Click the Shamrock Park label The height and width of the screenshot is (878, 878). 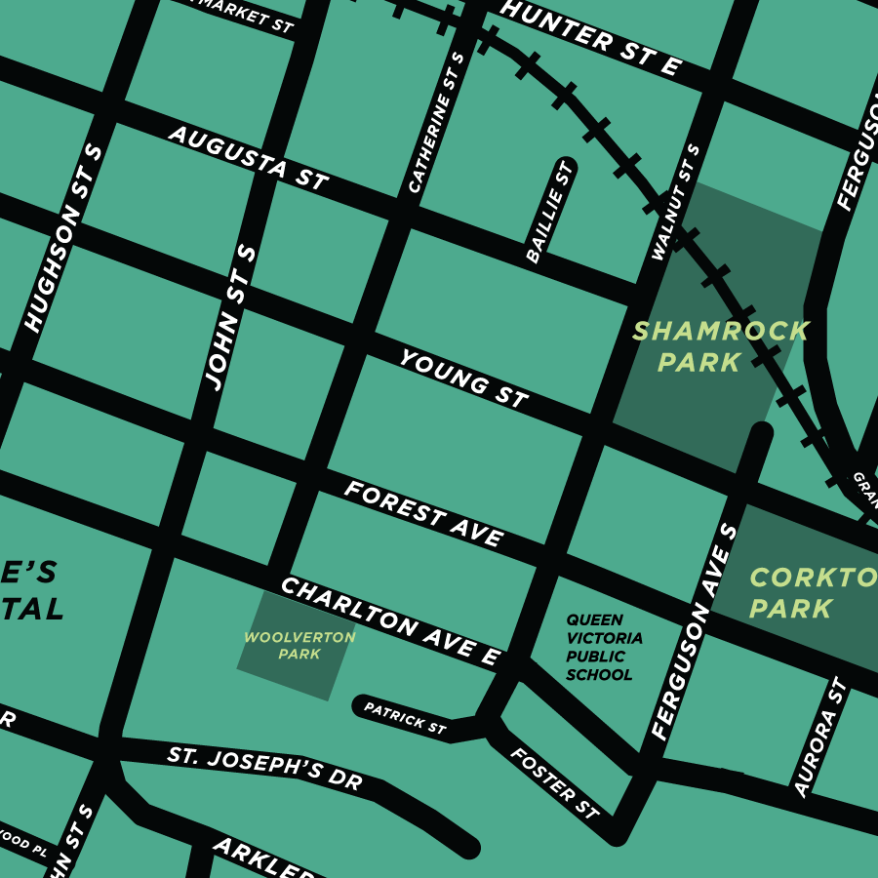tap(720, 346)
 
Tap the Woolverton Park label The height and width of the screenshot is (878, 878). tap(299, 646)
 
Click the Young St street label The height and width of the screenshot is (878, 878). tap(463, 379)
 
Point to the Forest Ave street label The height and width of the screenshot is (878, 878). tap(423, 513)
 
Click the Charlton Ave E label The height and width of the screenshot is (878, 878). tap(390, 621)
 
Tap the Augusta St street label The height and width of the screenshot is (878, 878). tap(248, 156)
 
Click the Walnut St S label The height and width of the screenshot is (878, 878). tap(676, 203)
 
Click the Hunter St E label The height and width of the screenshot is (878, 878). tap(589, 38)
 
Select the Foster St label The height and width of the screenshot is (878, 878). tap(554, 782)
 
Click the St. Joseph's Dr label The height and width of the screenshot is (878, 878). tap(264, 768)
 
